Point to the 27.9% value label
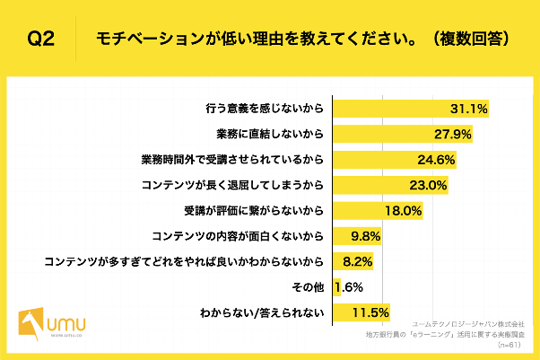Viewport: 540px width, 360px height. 452,135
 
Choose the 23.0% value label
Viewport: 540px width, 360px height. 428,186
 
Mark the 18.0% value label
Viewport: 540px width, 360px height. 403,212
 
